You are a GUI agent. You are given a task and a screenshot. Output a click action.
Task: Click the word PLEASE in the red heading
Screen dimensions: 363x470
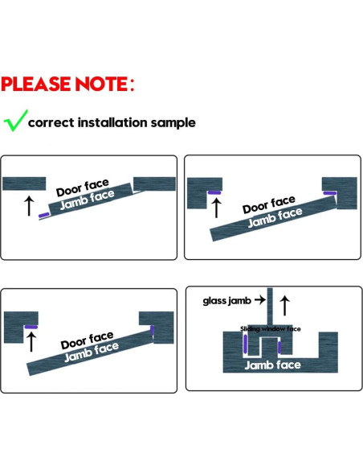tap(37, 84)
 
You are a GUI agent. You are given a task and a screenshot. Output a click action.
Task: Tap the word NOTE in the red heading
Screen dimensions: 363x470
tap(102, 84)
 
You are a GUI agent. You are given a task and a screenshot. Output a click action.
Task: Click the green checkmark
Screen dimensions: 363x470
tap(15, 121)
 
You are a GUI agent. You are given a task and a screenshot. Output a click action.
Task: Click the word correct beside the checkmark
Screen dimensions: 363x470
tap(51, 122)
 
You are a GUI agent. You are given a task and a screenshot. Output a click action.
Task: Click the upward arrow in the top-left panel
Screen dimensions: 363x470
tap(29, 206)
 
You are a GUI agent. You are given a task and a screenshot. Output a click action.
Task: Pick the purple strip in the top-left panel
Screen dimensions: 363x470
tap(44, 215)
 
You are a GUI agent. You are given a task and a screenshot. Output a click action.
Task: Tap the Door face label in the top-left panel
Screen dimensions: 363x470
tap(83, 188)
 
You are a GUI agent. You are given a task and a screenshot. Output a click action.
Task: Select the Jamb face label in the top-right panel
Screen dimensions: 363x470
tap(275, 217)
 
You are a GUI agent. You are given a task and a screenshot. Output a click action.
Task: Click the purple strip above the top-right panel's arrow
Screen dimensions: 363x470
tap(214, 192)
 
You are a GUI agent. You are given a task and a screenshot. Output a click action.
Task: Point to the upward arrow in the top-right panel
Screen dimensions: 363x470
tap(216, 208)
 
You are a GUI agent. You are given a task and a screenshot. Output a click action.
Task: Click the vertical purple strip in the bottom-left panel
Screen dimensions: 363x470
tap(152, 330)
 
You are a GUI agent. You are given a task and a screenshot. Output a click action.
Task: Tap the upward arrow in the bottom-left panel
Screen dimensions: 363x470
tap(31, 342)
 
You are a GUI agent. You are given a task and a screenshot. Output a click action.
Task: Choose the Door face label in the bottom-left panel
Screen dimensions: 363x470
tap(87, 340)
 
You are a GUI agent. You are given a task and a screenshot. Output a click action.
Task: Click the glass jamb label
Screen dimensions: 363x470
tap(227, 301)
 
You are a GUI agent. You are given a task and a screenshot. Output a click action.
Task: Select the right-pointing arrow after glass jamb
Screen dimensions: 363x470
tap(260, 299)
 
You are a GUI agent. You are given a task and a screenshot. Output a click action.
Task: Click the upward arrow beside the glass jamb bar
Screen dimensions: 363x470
tap(284, 306)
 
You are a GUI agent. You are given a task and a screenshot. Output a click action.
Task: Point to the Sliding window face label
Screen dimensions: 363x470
tap(271, 329)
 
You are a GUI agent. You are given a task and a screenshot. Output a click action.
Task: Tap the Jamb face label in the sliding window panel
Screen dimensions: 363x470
tap(273, 365)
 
